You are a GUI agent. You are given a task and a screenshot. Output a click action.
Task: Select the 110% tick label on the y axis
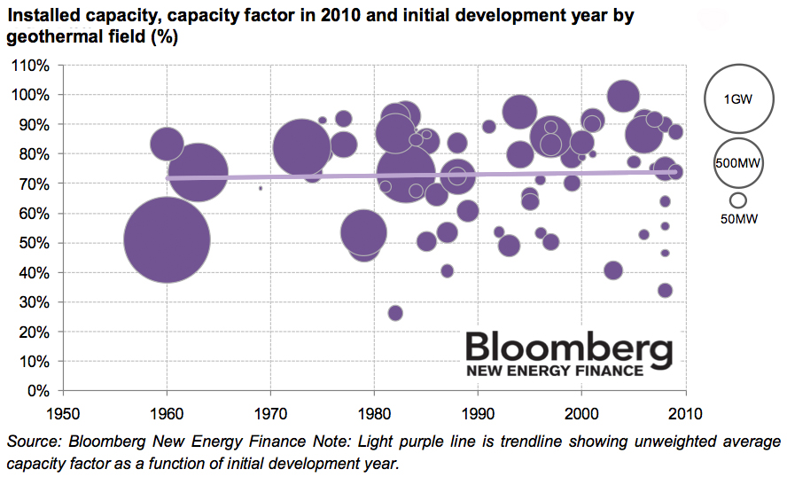click(x=31, y=65)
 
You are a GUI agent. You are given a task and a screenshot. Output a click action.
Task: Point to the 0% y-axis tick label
click(x=37, y=390)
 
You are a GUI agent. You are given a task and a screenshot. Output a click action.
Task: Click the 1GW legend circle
click(x=738, y=99)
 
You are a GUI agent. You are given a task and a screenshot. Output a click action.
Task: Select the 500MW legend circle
click(x=738, y=163)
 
